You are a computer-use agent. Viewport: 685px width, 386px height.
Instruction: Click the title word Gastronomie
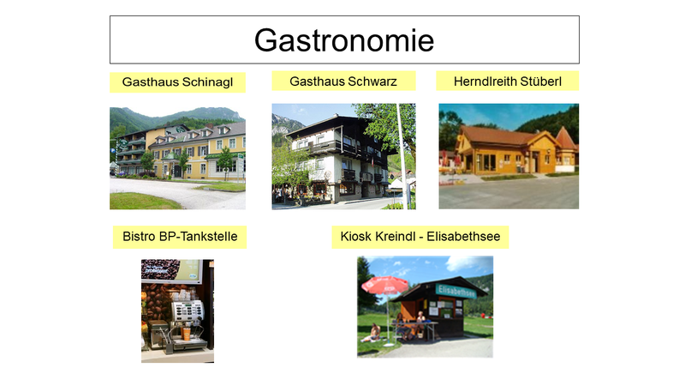tap(344, 40)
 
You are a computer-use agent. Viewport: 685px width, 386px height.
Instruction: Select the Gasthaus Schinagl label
tap(177, 82)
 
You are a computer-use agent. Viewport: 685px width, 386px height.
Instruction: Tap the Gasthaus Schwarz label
tap(343, 81)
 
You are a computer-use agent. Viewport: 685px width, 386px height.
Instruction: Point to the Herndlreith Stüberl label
tap(508, 81)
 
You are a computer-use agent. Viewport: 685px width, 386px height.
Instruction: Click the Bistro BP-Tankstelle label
tap(180, 237)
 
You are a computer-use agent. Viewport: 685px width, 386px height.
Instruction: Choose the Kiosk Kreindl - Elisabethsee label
tap(420, 237)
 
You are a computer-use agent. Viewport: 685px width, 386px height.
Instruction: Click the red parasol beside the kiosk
tap(384, 286)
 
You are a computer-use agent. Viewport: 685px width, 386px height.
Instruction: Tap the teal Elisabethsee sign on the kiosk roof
tap(456, 291)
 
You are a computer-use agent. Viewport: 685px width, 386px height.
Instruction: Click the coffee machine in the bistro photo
tap(184, 323)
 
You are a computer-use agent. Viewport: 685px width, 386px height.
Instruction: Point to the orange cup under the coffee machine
tap(187, 334)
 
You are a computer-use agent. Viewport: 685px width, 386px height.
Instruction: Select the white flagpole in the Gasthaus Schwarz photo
tap(402, 156)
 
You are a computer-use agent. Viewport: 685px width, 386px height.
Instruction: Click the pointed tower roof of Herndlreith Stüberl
tap(566, 137)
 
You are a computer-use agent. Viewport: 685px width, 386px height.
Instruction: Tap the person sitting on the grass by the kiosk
tap(372, 334)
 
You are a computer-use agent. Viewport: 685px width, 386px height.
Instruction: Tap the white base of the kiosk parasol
tap(389, 345)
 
